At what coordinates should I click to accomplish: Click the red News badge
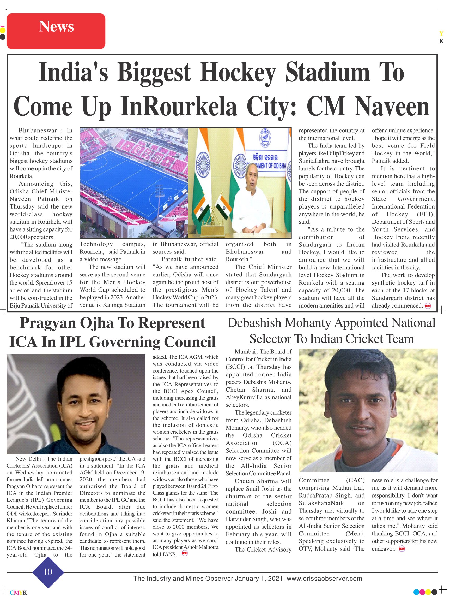(x=56, y=31)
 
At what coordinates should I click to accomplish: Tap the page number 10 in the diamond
(x=48, y=571)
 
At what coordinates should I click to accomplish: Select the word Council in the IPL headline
(x=190, y=342)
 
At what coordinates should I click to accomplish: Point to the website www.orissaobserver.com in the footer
(x=324, y=578)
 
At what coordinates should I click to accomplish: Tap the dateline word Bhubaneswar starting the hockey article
(x=38, y=131)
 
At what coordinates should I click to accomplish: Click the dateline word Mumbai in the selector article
(x=245, y=352)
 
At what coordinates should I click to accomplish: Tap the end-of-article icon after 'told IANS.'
(x=185, y=554)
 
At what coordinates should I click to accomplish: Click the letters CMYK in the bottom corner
(x=18, y=593)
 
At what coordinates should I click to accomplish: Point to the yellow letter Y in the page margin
(x=441, y=33)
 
